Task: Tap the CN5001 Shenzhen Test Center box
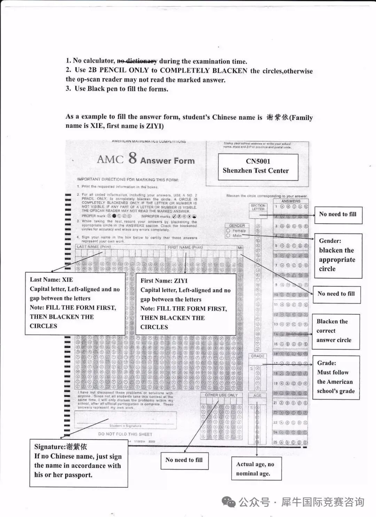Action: [x=258, y=166]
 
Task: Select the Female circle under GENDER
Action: [x=228, y=230]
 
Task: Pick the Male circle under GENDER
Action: [x=228, y=236]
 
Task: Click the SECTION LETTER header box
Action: [x=258, y=207]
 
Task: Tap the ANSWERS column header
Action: [x=291, y=201]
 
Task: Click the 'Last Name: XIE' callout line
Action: [x=51, y=280]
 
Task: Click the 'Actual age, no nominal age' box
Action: [x=256, y=469]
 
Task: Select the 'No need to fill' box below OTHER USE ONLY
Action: [x=184, y=460]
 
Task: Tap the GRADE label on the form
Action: [x=258, y=356]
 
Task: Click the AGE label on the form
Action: [x=257, y=395]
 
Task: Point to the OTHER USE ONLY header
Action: [x=221, y=395]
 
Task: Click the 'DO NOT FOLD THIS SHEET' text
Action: [x=125, y=434]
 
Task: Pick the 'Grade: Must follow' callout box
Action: [x=336, y=377]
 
